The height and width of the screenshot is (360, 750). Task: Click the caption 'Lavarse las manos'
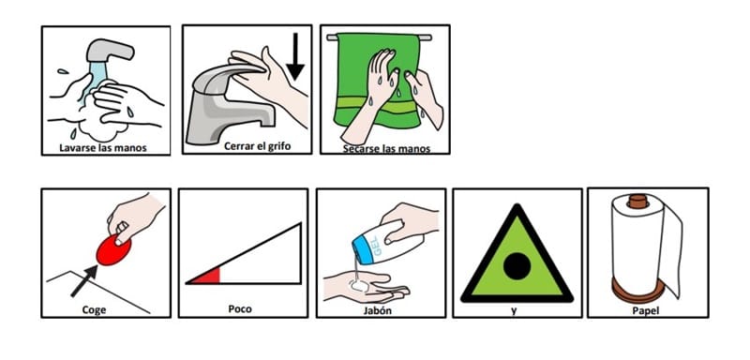103,148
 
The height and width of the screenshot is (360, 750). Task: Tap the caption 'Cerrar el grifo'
257,146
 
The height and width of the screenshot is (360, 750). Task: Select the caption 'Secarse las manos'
386,149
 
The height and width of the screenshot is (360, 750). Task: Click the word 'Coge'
94,309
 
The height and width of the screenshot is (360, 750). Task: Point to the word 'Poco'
240,308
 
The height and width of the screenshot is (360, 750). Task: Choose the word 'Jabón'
378,309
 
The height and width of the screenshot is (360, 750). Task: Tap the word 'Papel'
645,310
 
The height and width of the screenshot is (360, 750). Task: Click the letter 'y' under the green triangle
514,310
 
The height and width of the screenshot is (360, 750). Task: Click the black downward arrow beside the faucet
295,56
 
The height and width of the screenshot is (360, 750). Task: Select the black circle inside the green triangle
517,266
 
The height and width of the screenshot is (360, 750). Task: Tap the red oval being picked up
113,249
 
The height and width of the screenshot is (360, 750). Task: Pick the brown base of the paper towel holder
638,290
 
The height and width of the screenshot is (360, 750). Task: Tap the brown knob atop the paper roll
637,201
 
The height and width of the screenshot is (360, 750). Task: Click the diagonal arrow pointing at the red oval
84,280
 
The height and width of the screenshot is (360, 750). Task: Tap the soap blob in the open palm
359,285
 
